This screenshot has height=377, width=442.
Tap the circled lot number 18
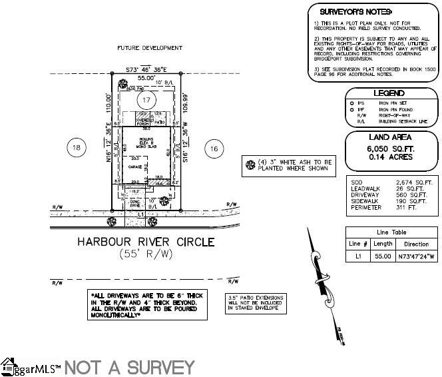(x=77, y=147)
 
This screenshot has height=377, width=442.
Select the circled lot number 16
(x=213, y=147)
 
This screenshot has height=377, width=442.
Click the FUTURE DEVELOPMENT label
(x=149, y=48)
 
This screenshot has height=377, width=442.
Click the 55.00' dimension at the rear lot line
(x=146, y=78)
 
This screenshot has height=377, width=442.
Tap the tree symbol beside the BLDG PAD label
(x=122, y=84)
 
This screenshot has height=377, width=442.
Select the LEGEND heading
(x=389, y=93)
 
